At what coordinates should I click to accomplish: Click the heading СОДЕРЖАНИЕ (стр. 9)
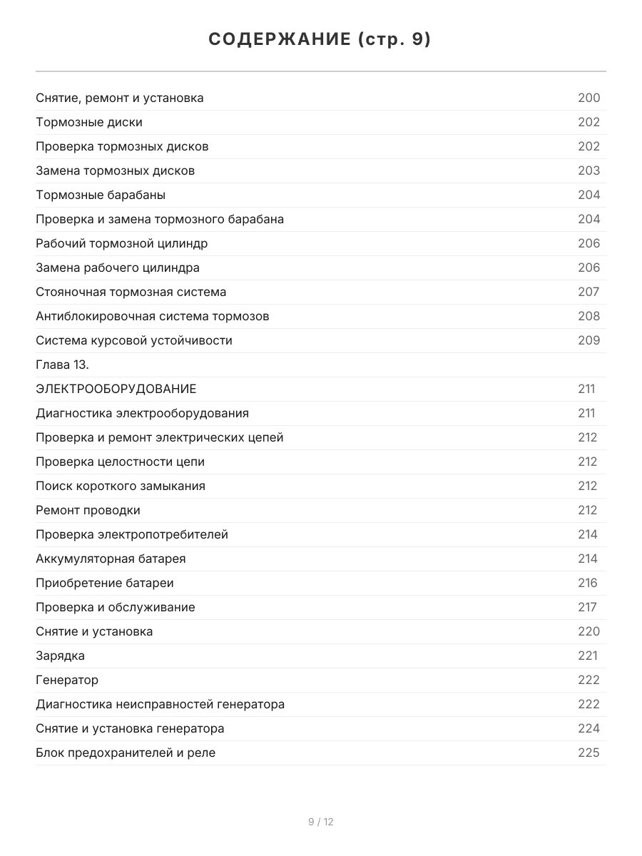pos(320,40)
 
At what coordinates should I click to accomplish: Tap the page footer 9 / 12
pos(320,822)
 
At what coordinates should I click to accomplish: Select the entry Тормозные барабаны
pos(101,195)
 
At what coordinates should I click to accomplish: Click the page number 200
pos(588,98)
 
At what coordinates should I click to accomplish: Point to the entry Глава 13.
pos(62,365)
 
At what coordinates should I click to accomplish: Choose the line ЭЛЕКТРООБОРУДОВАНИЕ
pos(116,389)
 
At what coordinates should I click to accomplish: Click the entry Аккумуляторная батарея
pos(111,559)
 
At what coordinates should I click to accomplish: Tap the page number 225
pos(588,753)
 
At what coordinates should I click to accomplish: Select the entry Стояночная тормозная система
pos(131,292)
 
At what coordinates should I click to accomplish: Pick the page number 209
pos(588,340)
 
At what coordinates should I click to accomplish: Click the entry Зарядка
pos(61,656)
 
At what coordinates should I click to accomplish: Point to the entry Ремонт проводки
pos(88,510)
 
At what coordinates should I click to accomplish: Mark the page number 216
pos(587,583)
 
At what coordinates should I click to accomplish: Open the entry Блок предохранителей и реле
pos(126,753)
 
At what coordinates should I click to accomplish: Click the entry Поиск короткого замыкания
pos(121,486)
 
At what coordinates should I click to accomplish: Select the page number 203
pos(588,170)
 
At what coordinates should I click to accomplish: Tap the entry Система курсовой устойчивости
pos(134,340)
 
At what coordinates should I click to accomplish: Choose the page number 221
pos(587,656)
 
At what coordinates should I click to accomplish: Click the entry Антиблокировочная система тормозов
pos(153,316)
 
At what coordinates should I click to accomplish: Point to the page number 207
pos(588,292)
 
